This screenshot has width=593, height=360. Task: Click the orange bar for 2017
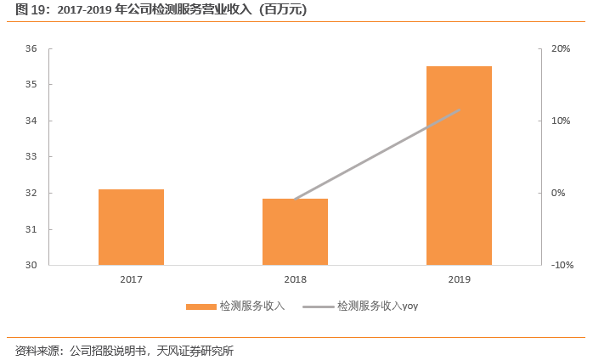pos(131,227)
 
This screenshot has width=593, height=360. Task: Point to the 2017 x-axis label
pos(131,279)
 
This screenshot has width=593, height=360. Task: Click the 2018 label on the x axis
pos(295,279)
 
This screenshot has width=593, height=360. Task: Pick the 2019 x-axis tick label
pos(459,279)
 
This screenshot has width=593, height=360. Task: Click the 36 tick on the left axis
pos(31,48)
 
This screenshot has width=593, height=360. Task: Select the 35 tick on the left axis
pos(31,85)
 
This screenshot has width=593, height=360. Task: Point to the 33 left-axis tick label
pos(31,157)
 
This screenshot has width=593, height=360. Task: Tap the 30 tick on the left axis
pos(31,265)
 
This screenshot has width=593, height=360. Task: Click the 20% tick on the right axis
pos(561,48)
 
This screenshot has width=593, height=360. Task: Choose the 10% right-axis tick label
pos(561,121)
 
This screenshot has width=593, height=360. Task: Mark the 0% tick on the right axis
pos(558,193)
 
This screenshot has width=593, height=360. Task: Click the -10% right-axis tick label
pos(562,265)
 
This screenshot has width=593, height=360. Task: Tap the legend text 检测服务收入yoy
pos(377,306)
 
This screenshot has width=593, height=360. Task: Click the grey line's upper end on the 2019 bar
pos(459,110)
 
